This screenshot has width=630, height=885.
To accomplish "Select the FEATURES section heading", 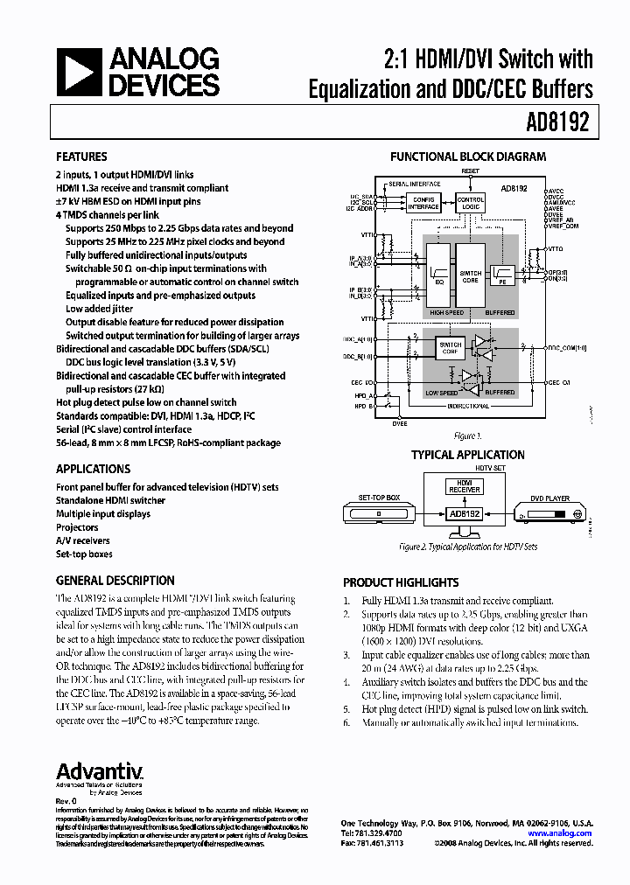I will [x=81, y=157].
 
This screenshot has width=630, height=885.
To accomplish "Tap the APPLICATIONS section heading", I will [x=94, y=469].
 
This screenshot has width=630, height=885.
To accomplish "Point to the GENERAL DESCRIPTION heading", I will [x=115, y=581].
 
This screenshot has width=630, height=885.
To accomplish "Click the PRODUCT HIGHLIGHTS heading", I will [x=401, y=582].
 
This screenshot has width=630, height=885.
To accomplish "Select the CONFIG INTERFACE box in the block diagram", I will [x=423, y=203].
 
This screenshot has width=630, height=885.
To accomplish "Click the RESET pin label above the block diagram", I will [x=471, y=171].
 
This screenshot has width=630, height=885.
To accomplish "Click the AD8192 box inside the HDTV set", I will [x=465, y=513].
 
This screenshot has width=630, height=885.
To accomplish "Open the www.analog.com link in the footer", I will [x=567, y=833].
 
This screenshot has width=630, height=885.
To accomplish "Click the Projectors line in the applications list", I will [x=78, y=527].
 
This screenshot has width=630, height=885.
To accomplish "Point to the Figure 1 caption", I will [x=467, y=436].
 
